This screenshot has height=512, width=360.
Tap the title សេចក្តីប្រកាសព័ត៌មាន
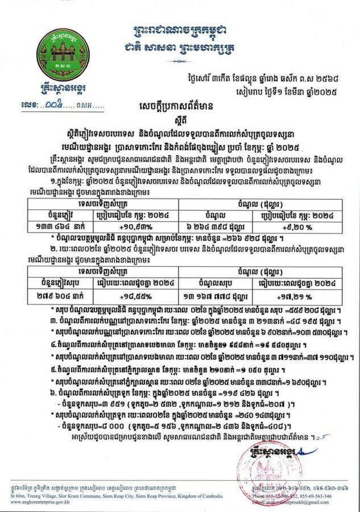point(180,106)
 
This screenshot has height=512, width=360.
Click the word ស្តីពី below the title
point(180,121)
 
